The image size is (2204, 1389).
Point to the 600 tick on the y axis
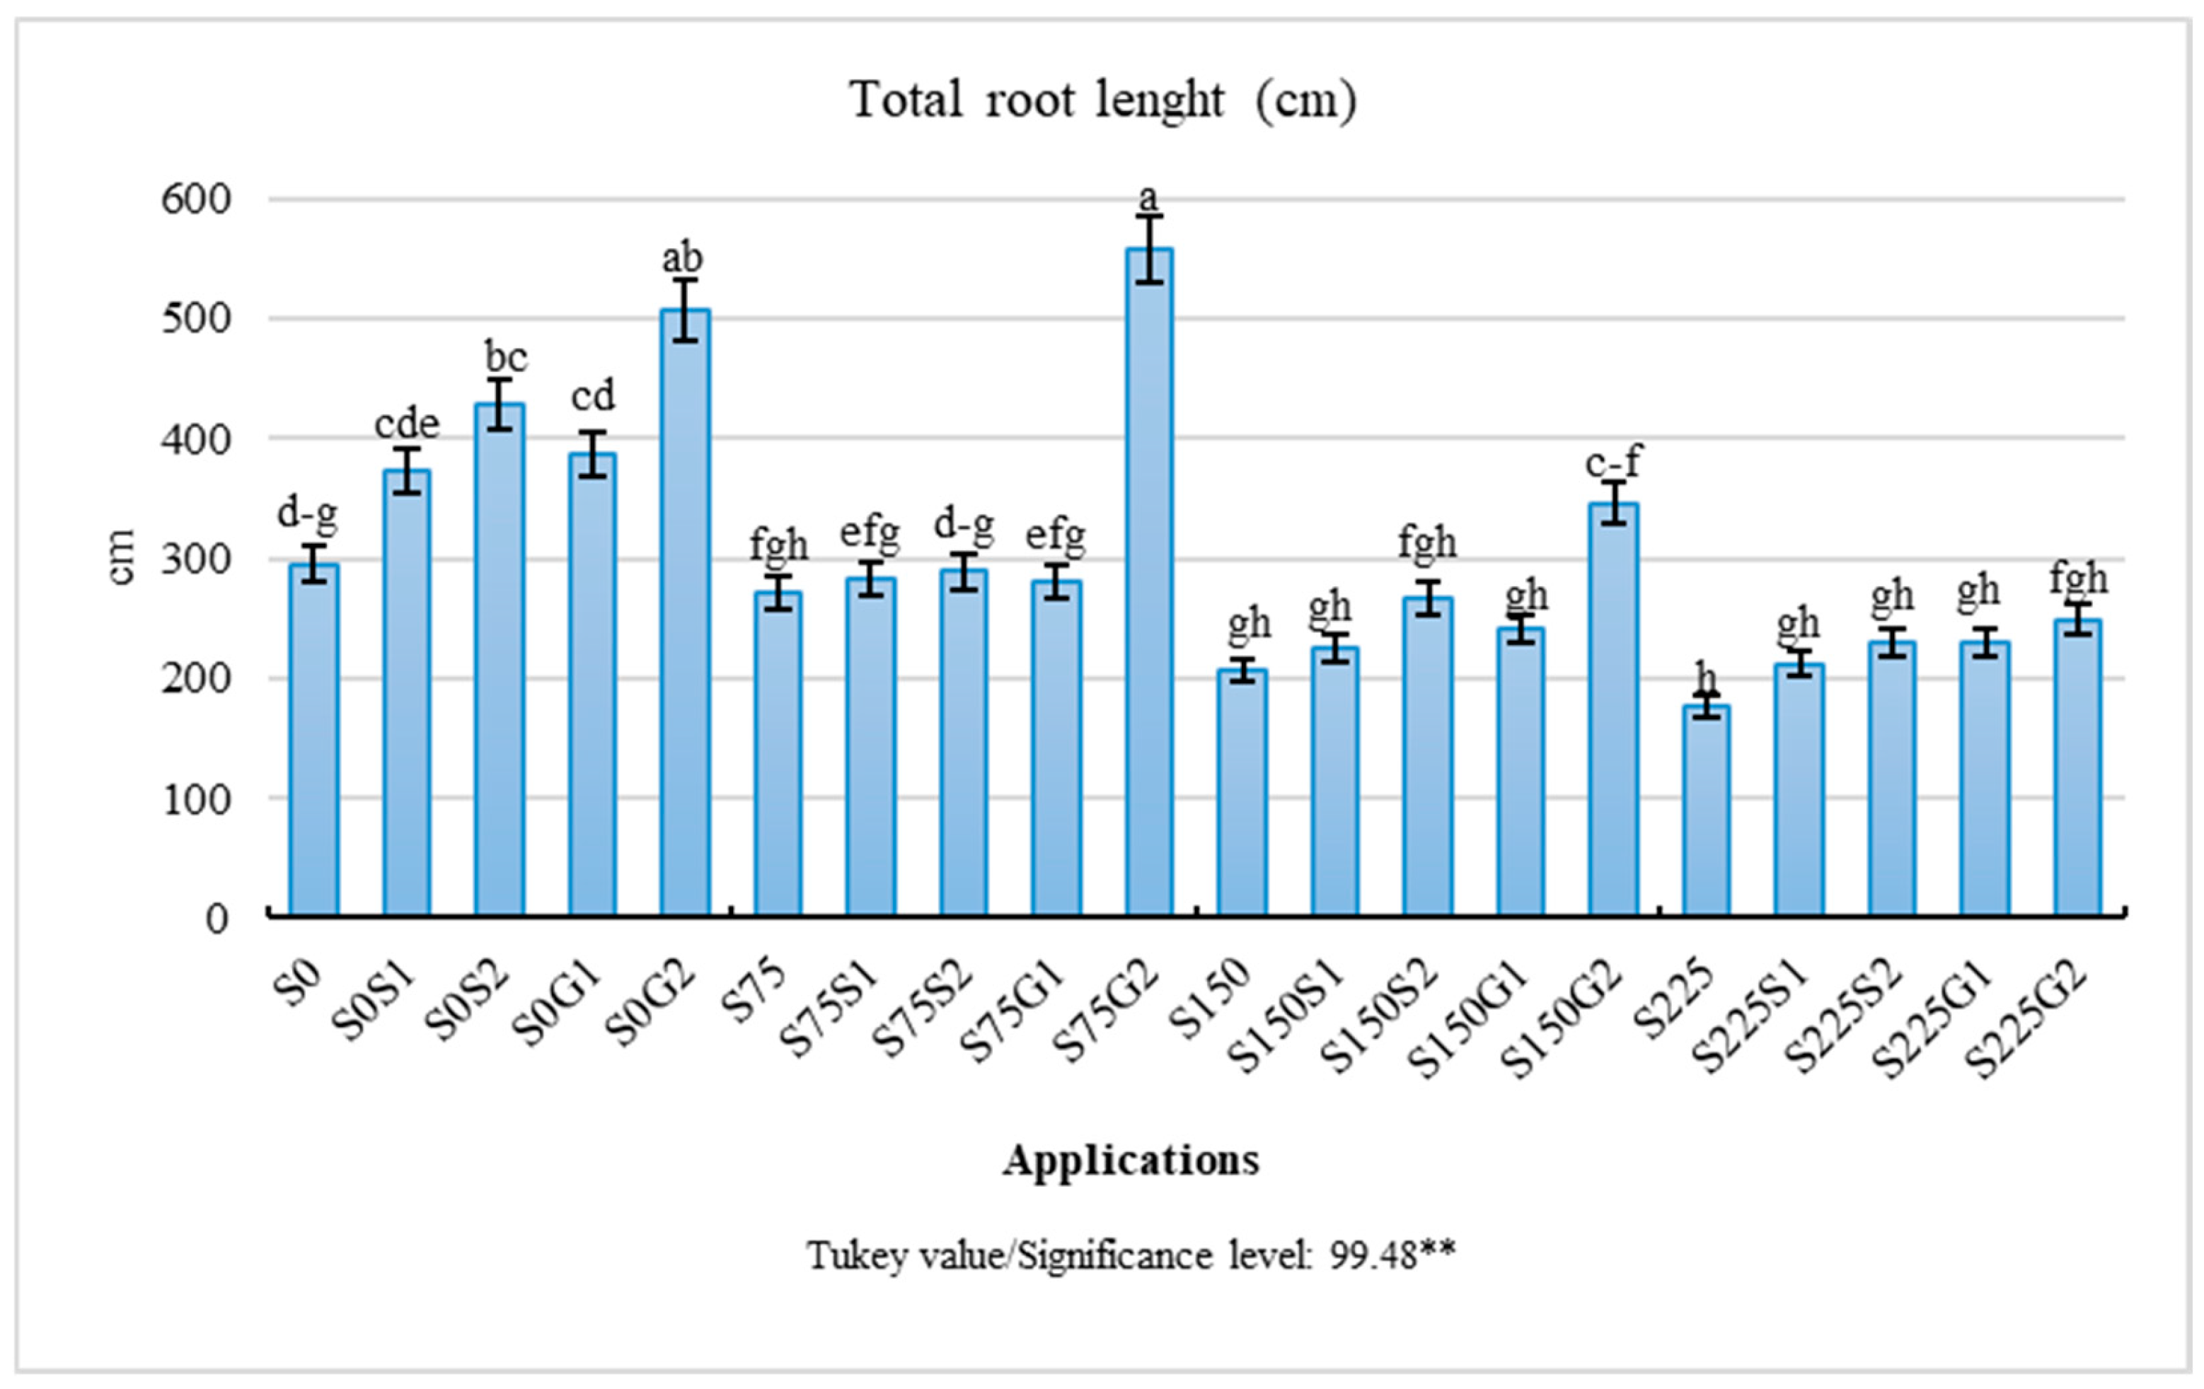coord(196,199)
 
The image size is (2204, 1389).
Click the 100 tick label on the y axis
coord(196,798)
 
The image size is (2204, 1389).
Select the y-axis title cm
coord(121,557)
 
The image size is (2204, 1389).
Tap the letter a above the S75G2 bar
coord(1148,197)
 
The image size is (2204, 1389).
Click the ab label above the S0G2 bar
coord(683,258)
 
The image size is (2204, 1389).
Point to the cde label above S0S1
coord(406,424)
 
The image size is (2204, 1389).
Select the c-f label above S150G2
coord(1612,462)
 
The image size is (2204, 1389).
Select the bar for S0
coord(314,741)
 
